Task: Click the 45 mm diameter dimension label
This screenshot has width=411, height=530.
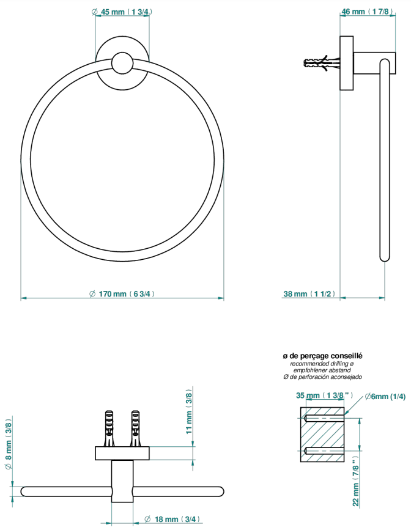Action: click(122, 12)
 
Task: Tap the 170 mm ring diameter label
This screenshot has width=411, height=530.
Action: click(122, 293)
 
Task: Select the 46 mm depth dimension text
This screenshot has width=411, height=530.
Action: click(368, 12)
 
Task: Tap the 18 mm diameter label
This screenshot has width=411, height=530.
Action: click(172, 519)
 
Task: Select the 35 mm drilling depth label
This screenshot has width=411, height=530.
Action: click(325, 396)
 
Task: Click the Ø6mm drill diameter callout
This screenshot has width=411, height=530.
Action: click(385, 397)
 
